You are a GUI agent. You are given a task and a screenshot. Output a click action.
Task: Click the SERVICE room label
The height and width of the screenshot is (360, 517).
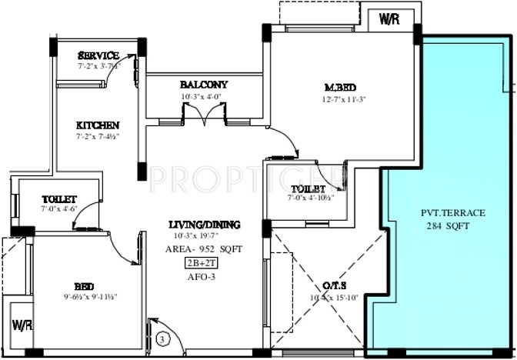click(99, 55)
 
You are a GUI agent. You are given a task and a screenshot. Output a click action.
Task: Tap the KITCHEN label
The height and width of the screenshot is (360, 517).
click(98, 125)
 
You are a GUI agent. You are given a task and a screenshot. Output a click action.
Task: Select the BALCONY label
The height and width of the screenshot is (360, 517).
click(204, 85)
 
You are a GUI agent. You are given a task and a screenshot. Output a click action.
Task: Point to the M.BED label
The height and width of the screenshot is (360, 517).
click(339, 87)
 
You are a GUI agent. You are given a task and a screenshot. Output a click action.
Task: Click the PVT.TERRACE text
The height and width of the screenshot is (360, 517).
click(445, 214)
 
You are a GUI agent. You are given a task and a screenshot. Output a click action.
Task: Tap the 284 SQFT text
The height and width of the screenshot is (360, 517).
click(445, 226)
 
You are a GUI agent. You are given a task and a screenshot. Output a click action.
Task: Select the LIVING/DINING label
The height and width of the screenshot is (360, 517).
click(204, 225)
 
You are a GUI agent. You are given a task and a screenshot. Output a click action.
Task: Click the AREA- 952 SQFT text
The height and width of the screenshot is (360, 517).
click(204, 249)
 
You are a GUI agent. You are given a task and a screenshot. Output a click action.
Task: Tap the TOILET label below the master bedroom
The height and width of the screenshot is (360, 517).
click(308, 188)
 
